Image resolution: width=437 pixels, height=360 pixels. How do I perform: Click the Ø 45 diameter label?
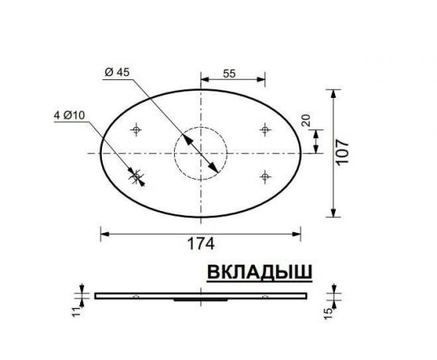point(119,72)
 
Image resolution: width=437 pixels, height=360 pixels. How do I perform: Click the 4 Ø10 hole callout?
point(70,116)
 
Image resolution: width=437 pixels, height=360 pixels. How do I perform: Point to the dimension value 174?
point(202,242)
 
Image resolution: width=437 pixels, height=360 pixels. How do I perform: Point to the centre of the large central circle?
point(202,152)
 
